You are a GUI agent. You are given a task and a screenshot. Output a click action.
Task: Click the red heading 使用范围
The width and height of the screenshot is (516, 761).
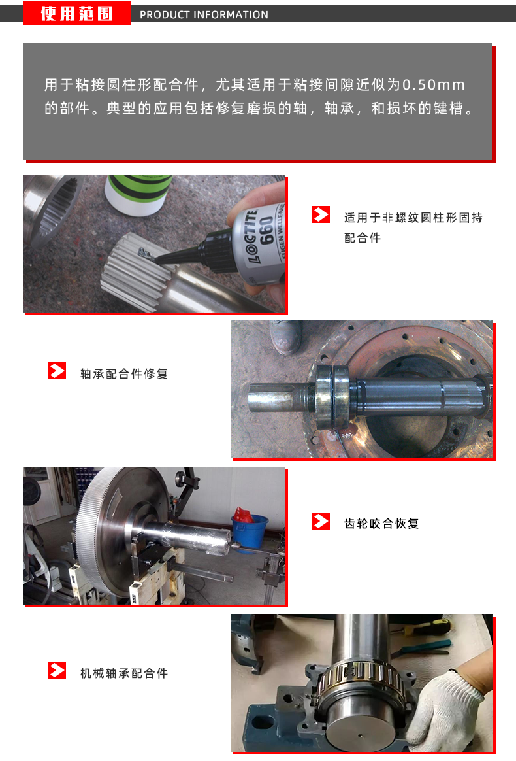point(76,13)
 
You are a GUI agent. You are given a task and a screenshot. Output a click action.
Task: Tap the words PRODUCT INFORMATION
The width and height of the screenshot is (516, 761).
point(204,14)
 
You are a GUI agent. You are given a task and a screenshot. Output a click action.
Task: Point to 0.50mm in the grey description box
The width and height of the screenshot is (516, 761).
point(433,85)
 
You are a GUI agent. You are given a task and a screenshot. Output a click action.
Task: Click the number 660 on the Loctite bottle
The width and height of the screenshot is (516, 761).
point(266,231)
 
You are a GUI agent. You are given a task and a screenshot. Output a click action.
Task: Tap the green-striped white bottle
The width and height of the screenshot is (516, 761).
point(138,194)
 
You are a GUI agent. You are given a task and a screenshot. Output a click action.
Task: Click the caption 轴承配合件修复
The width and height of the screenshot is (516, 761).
point(124,374)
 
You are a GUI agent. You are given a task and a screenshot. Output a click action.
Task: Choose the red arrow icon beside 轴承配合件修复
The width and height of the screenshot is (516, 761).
point(57,371)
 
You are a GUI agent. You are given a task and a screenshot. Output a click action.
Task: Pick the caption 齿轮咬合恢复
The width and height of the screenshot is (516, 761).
point(381,524)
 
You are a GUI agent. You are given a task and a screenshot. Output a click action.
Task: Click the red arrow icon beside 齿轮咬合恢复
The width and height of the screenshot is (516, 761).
point(321,521)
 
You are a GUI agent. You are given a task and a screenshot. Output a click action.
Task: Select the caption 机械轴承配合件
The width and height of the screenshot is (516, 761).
point(124,673)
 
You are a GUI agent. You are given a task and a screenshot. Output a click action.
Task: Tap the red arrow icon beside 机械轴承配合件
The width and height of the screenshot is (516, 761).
point(57,670)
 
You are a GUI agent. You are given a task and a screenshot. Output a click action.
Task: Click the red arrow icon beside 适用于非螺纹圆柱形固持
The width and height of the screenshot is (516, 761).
point(321,214)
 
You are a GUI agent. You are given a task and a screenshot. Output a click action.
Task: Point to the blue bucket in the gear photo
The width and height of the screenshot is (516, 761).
point(250,532)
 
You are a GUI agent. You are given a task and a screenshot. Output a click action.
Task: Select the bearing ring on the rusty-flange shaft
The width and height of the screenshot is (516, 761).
point(332,397)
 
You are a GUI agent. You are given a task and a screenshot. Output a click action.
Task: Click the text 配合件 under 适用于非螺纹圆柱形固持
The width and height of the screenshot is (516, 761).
point(363,238)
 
